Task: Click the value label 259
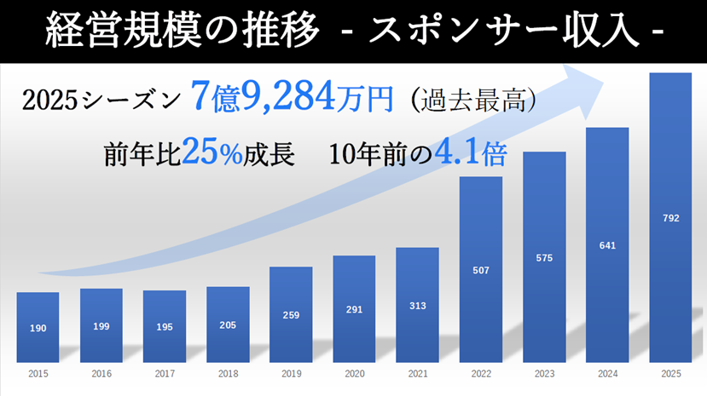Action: (x=291, y=315)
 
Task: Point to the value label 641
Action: (x=607, y=246)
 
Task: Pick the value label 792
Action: (x=670, y=218)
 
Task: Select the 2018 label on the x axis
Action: (x=228, y=373)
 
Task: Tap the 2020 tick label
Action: (x=354, y=373)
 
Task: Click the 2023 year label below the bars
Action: (x=544, y=373)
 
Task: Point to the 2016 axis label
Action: (x=101, y=373)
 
